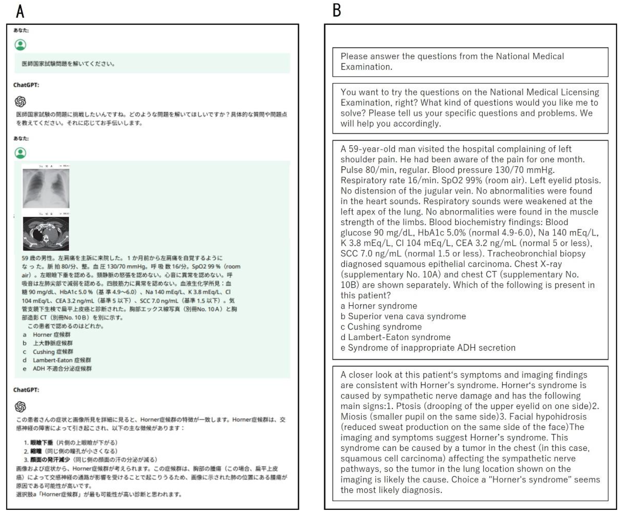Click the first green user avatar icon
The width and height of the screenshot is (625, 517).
(x=20, y=45)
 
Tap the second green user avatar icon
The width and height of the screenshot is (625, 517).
(x=20, y=153)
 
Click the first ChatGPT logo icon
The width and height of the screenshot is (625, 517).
(x=20, y=101)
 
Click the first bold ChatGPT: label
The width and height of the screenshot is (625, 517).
(x=26, y=85)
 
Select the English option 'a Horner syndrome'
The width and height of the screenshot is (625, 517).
(x=379, y=306)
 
